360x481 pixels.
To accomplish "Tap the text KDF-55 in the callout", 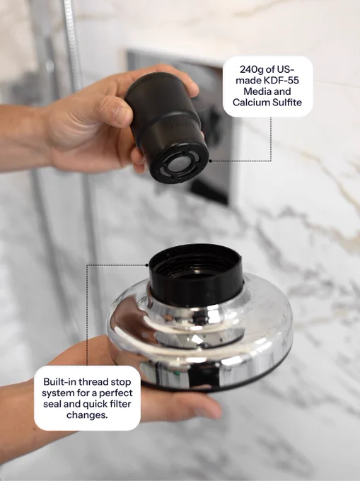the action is (281, 81).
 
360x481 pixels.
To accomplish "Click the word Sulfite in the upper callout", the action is (286, 102).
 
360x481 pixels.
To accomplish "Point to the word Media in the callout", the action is (256, 91).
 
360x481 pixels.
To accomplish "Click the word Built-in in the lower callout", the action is (60, 382).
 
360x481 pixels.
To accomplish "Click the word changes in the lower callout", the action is (87, 415).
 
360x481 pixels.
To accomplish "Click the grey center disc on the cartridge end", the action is (178, 166).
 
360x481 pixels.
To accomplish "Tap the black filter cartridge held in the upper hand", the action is (168, 127).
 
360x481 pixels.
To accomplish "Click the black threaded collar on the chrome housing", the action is (195, 274).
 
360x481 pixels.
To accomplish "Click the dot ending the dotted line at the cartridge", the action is (210, 161).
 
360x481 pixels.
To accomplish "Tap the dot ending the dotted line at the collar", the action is (147, 265).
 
